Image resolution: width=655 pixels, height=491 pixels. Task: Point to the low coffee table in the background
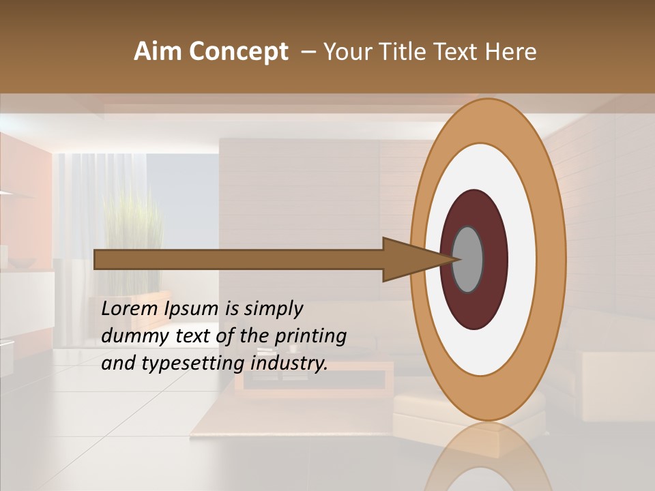click(x=314, y=378)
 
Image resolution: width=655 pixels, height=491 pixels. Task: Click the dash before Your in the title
click(x=307, y=52)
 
